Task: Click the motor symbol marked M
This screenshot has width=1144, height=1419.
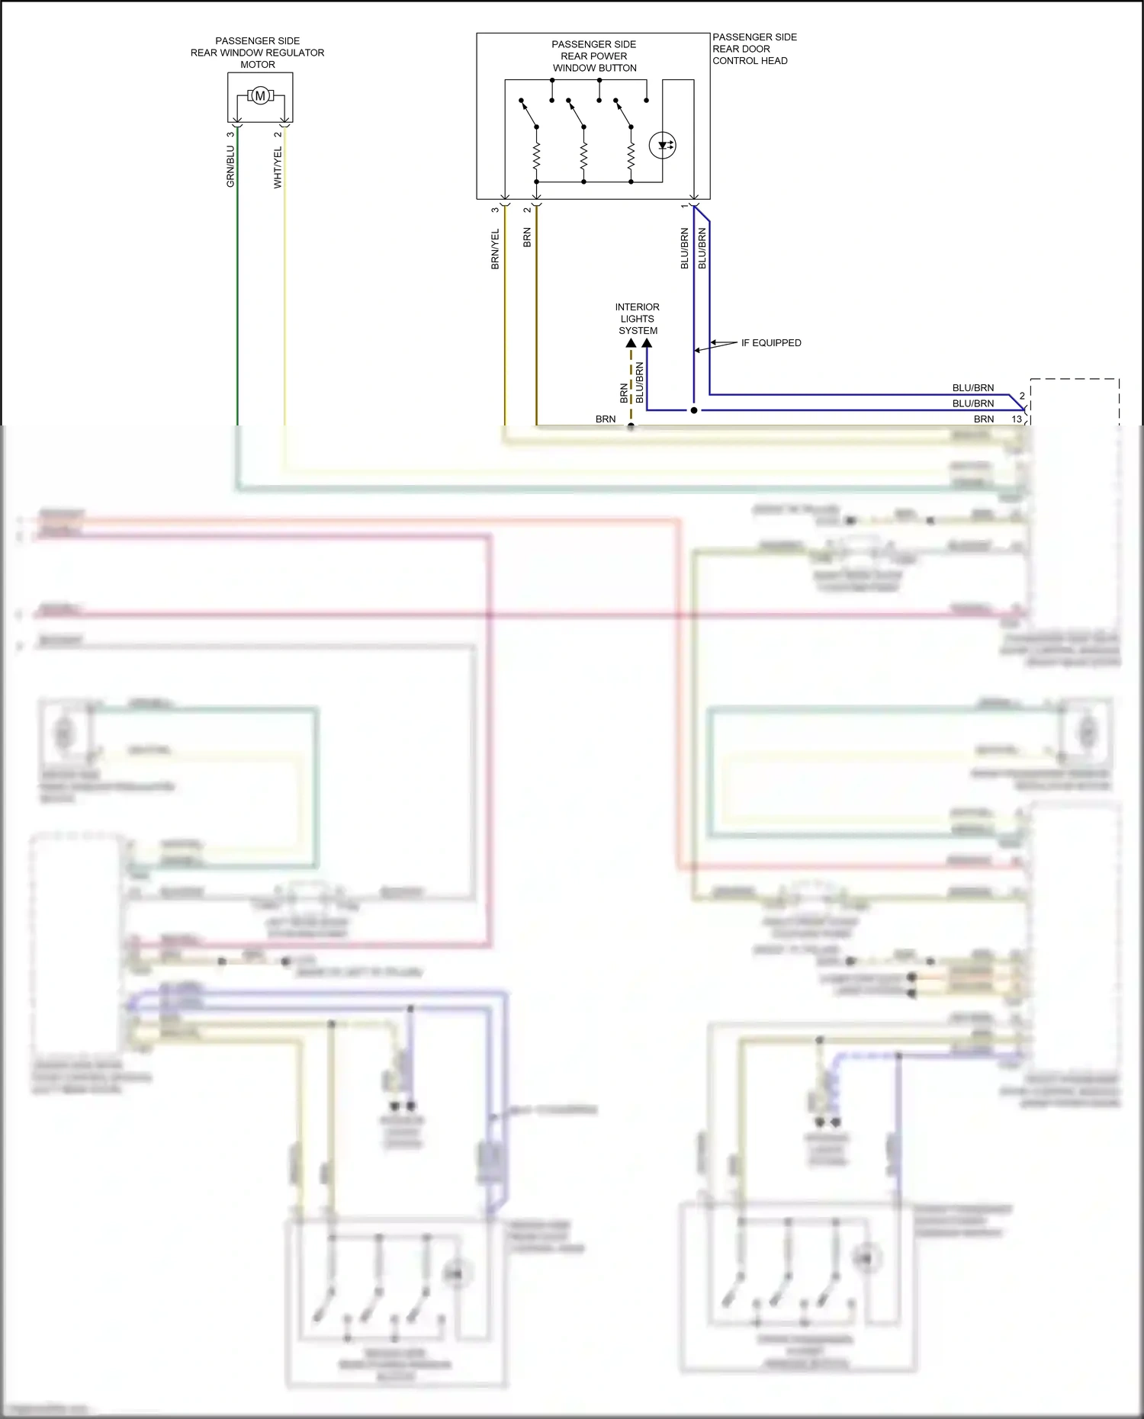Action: tap(260, 96)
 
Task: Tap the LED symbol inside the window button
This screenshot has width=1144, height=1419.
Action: tap(662, 145)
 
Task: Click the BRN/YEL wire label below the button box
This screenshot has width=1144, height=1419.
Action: tap(495, 249)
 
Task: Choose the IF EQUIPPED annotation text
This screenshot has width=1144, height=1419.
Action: tap(771, 343)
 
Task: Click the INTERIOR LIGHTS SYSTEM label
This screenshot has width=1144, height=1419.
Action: tap(638, 319)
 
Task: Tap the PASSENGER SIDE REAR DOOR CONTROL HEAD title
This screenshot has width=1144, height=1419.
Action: tap(754, 49)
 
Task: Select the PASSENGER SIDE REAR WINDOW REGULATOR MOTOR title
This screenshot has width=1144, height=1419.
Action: tap(258, 53)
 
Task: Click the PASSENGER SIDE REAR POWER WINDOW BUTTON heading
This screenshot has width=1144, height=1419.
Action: tap(594, 56)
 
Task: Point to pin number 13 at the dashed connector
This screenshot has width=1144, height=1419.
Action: tap(1016, 419)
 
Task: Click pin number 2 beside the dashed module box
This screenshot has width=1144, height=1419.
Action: tap(1022, 396)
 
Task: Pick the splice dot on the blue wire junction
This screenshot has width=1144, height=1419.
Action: tap(694, 410)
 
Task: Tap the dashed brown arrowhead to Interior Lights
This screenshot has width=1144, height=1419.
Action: tap(631, 344)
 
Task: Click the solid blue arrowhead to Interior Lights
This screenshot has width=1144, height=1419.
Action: tap(647, 344)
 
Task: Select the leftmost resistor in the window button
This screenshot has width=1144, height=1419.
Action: tap(536, 157)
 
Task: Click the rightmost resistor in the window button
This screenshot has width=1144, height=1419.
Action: tap(631, 157)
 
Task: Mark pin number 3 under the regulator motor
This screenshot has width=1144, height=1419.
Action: tap(230, 135)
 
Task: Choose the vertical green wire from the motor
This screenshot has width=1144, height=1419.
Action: tap(237, 305)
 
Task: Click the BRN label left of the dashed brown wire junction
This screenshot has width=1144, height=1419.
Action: tap(606, 419)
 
